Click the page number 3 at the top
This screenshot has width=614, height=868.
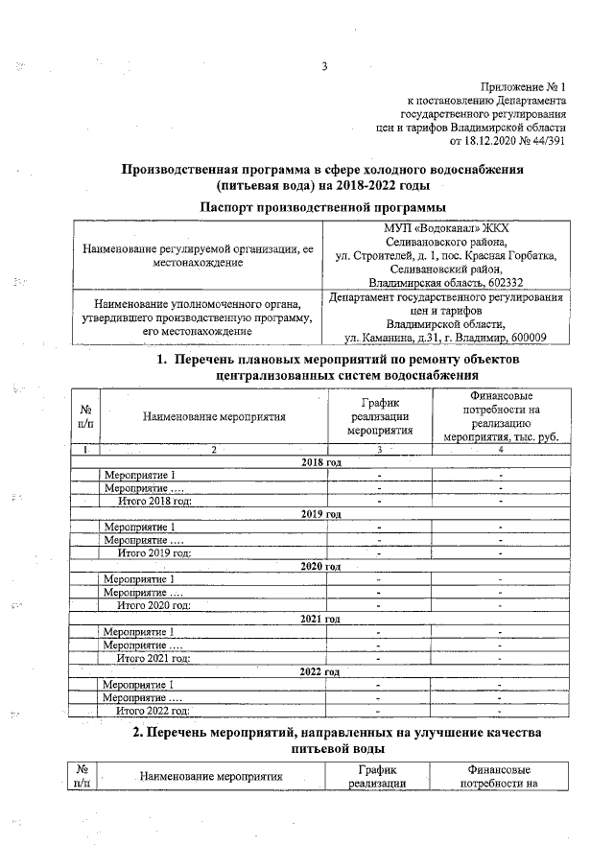[x=324, y=66]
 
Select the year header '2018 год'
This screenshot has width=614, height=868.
[x=321, y=462]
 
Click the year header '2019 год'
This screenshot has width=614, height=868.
[x=321, y=514]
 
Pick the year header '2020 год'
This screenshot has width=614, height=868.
[x=321, y=566]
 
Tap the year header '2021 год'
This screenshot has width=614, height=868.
[x=321, y=619]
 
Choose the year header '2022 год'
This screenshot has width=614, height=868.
[x=321, y=670]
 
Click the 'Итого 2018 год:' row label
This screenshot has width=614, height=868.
[x=153, y=501]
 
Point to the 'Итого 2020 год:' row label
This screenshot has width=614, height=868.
[x=153, y=605]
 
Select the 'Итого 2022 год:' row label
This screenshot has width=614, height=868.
[x=153, y=711]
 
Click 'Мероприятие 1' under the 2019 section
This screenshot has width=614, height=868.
[x=140, y=528]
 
